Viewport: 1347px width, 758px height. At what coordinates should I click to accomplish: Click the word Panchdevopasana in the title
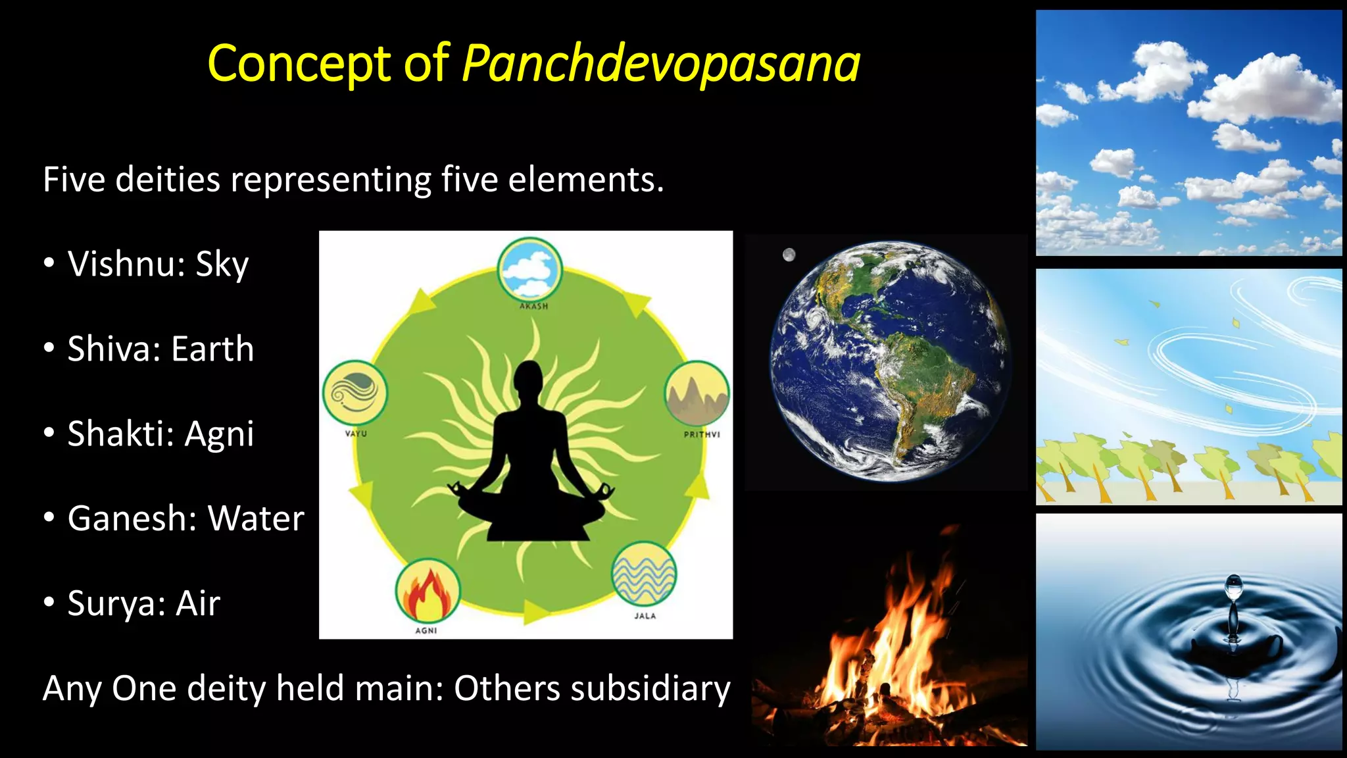click(660, 64)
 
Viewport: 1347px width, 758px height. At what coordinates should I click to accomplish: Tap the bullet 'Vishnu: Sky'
click(158, 265)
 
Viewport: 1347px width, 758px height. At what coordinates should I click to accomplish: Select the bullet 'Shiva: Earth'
click(160, 349)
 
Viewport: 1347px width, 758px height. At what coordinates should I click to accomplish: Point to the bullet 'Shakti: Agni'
click(160, 434)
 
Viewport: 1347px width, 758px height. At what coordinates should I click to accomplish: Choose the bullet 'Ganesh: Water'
click(185, 519)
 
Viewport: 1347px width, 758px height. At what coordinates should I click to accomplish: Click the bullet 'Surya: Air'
click(143, 604)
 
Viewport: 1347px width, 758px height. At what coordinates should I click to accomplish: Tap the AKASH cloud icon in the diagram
click(530, 270)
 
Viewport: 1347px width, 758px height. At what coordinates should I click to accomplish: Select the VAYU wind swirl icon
click(355, 393)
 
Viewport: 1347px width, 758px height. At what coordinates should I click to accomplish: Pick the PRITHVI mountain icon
click(697, 393)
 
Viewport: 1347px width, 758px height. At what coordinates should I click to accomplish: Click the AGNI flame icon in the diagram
click(428, 590)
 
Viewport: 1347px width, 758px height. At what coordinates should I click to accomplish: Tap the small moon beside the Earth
click(789, 255)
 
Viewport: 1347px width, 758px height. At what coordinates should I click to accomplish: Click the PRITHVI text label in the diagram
click(702, 434)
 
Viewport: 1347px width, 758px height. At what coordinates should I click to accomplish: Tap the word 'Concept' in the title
click(299, 64)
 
